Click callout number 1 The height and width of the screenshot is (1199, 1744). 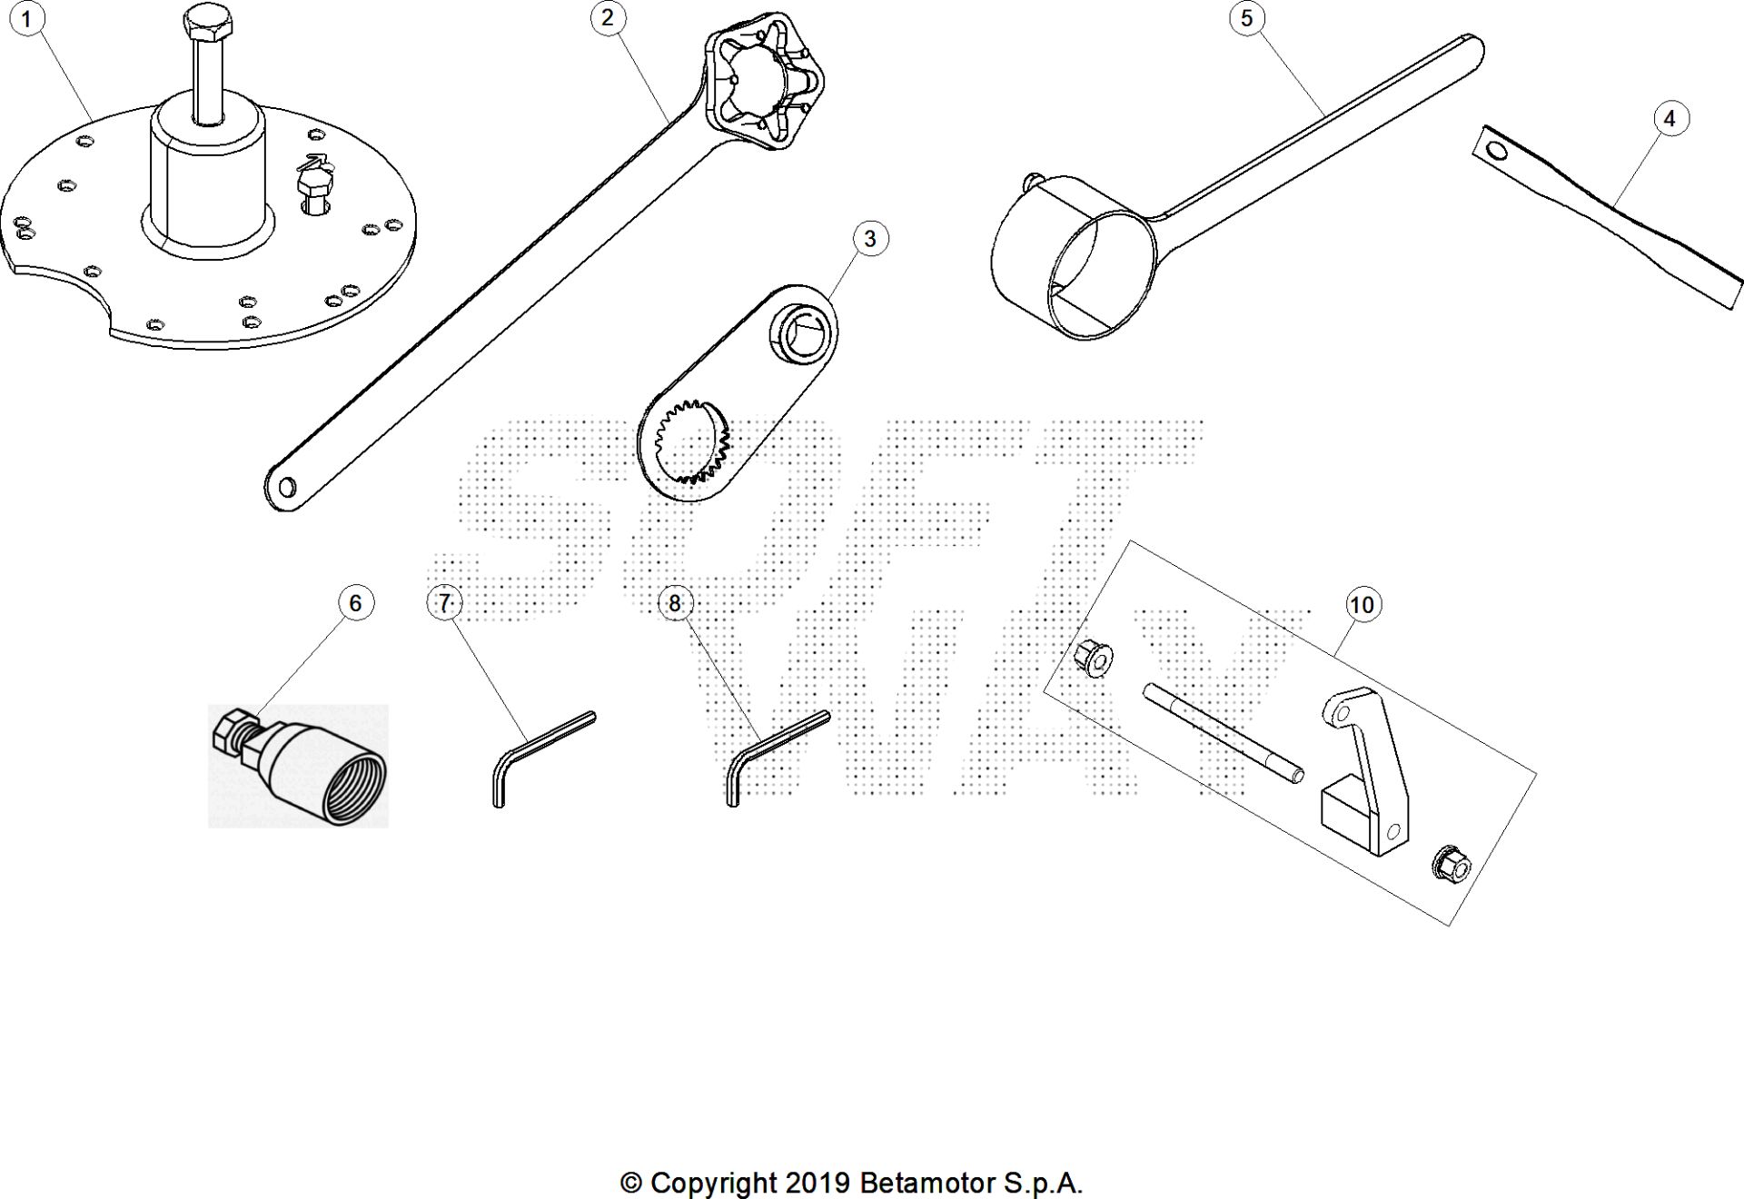[x=26, y=18]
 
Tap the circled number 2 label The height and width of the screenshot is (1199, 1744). [x=608, y=17]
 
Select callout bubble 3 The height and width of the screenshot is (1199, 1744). [x=870, y=238]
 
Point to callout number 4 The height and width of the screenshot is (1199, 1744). [x=1670, y=118]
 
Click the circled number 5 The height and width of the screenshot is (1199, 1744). [x=1246, y=17]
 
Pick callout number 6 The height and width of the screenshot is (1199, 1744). [x=355, y=602]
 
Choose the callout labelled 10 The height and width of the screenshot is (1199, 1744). [x=1362, y=605]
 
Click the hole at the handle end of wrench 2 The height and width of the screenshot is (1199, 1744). [x=287, y=488]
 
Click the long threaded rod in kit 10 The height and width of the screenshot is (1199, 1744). [x=1224, y=732]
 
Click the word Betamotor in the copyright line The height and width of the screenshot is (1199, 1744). [x=927, y=1184]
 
